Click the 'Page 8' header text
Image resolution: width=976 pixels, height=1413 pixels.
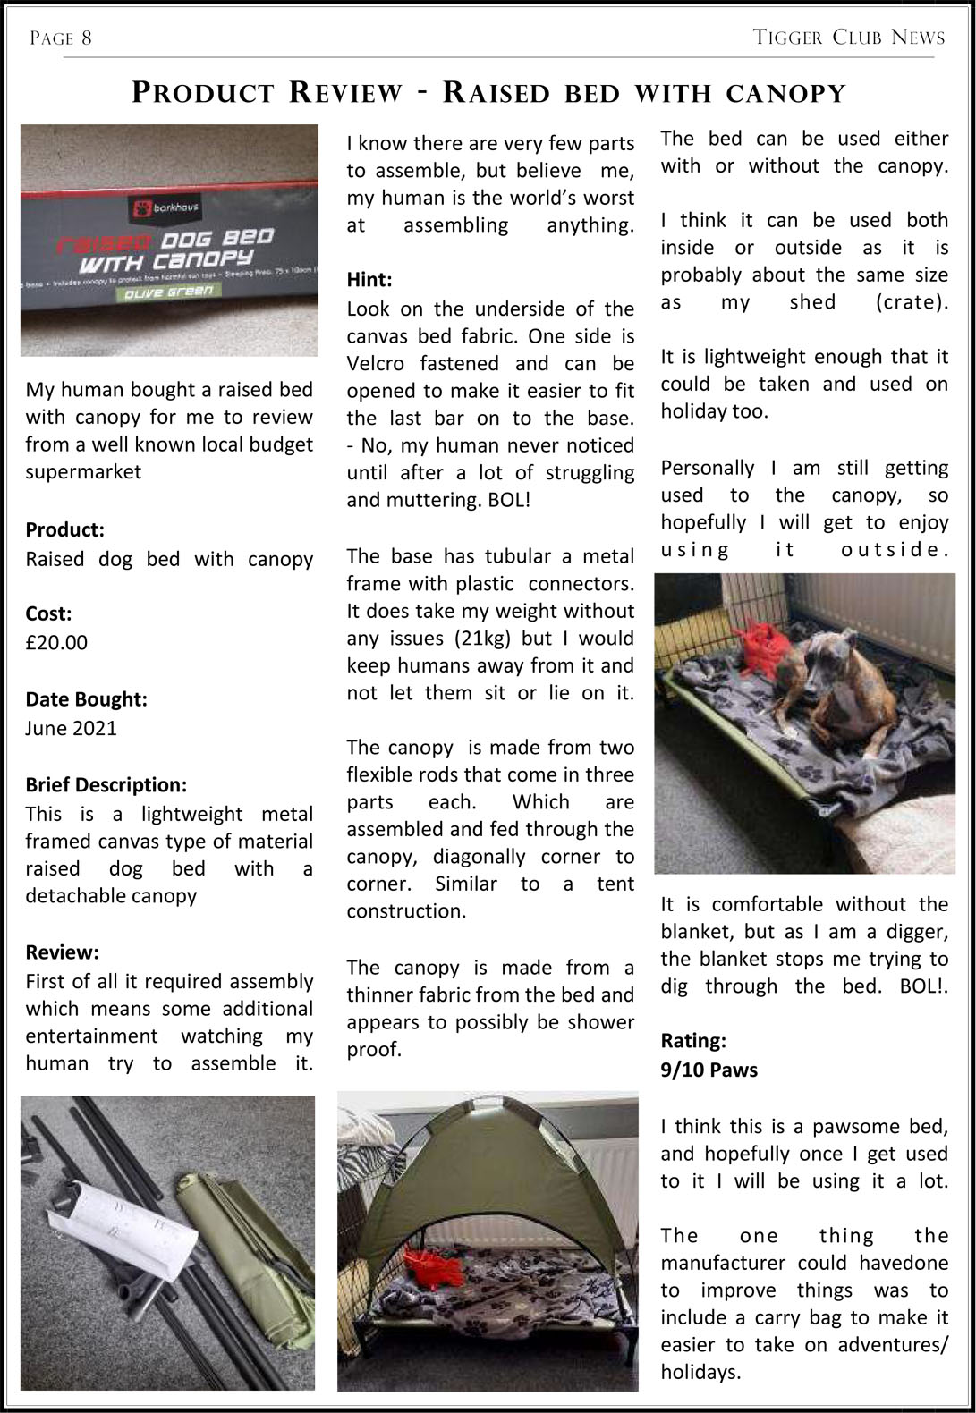tap(61, 38)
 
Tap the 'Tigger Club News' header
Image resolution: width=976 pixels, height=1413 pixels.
tap(849, 38)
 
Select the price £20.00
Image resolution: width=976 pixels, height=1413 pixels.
tap(56, 642)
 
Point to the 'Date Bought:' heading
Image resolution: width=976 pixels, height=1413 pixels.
tap(86, 699)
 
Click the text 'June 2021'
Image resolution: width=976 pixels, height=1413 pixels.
tap(71, 728)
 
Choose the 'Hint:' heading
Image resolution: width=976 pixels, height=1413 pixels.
tap(369, 280)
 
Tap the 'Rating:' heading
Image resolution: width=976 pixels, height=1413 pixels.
tap(693, 1041)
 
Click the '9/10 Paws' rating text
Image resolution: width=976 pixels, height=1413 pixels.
tap(709, 1070)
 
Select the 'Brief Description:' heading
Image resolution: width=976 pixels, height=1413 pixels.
tap(106, 785)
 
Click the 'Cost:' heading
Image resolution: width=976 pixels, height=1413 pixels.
tap(48, 613)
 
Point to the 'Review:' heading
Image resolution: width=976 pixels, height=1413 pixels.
tap(62, 952)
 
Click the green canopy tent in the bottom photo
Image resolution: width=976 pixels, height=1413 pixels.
tap(488, 1163)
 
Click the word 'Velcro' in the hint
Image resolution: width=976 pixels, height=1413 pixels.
tap(378, 364)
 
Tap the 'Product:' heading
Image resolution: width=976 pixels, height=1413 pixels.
tap(64, 530)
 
